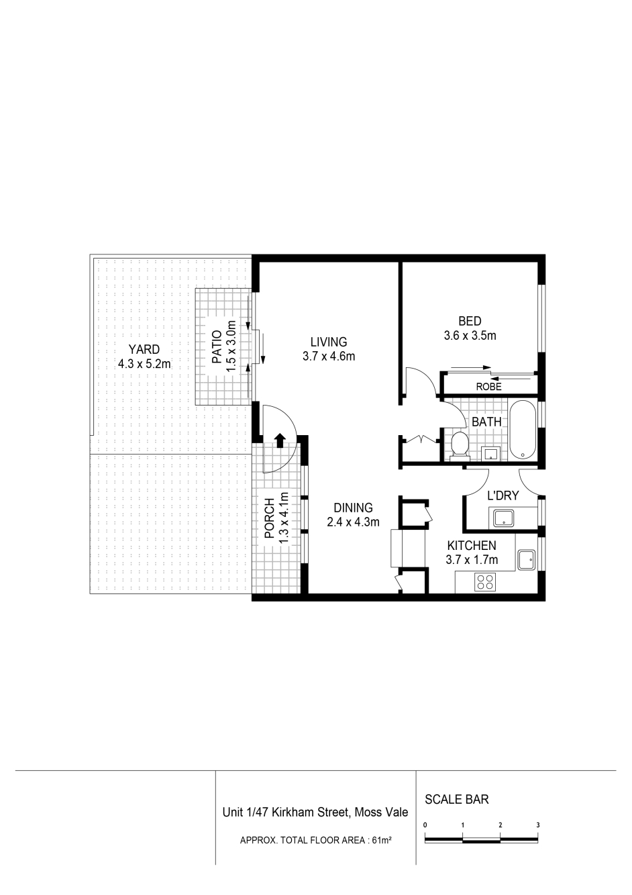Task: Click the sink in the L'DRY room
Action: [x=504, y=518]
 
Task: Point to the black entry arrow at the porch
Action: [x=280, y=440]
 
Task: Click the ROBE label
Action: [x=488, y=387]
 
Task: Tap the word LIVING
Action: [x=329, y=342]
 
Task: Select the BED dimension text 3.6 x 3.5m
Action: [x=470, y=335]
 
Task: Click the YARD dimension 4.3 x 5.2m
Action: [x=144, y=364]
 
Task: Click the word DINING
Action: [x=353, y=508]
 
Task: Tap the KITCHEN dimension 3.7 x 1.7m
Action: [x=472, y=560]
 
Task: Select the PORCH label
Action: [x=270, y=518]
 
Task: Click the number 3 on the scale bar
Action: [x=538, y=825]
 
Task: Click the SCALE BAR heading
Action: [x=457, y=799]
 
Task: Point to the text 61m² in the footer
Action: [x=381, y=840]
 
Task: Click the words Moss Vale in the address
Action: [x=381, y=812]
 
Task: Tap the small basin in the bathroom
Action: [x=490, y=453]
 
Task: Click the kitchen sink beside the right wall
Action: [x=527, y=560]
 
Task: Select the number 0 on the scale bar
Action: [x=425, y=825]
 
